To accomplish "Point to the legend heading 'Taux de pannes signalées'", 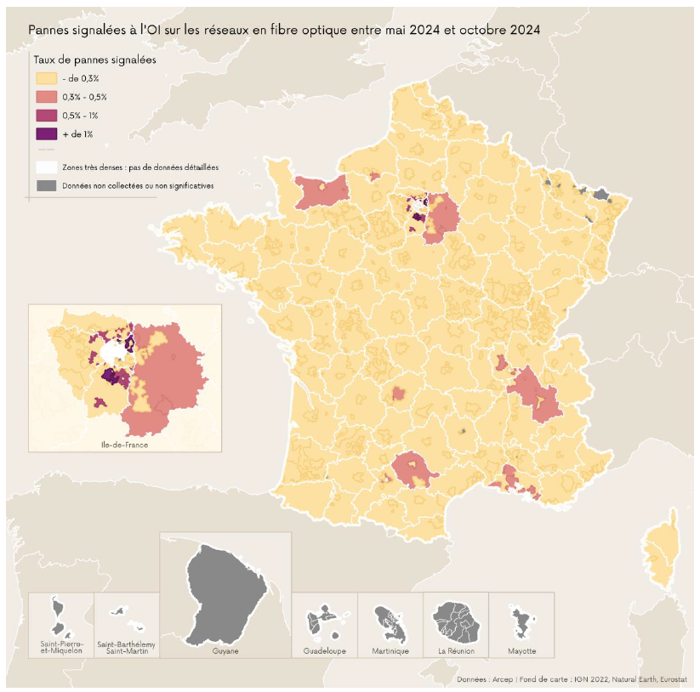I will pyautogui.click(x=94, y=60).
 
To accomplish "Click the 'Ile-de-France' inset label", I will pyautogui.click(x=124, y=444).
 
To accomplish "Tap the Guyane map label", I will pyautogui.click(x=225, y=650).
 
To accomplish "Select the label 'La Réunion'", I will pyautogui.click(x=456, y=650).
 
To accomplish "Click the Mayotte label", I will pyautogui.click(x=521, y=650).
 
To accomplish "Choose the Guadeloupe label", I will pyautogui.click(x=324, y=650).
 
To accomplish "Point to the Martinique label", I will pyautogui.click(x=390, y=650).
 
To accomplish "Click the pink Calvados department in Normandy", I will pyautogui.click(x=322, y=191).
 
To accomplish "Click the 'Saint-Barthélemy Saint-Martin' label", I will pyautogui.click(x=126, y=647).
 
